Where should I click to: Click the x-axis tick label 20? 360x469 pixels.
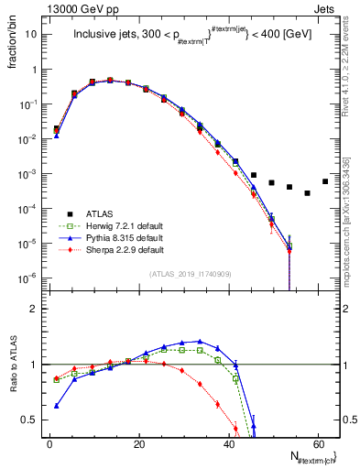[138, 443]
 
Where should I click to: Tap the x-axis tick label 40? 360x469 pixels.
[227, 443]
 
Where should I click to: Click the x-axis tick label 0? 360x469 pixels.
[49, 443]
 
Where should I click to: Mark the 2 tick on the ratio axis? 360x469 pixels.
[35, 309]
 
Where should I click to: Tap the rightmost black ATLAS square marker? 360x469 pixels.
[324, 181]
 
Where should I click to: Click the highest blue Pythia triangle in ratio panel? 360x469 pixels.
[200, 342]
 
